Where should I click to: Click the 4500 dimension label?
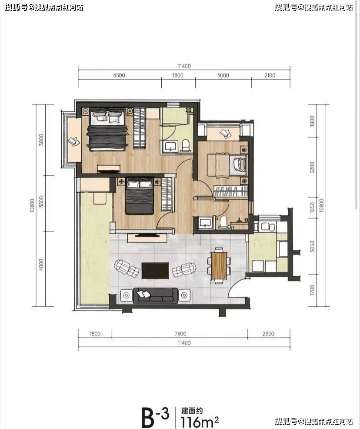tap(119, 75)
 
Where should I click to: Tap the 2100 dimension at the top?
tap(270, 75)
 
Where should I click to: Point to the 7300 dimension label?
tap(180, 334)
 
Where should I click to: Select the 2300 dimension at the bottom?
tap(268, 334)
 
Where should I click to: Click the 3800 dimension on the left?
tap(41, 140)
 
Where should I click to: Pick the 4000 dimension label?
tap(41, 265)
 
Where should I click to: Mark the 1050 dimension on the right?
tap(312, 208)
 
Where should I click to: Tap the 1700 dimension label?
tap(312, 290)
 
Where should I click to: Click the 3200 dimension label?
tap(312, 167)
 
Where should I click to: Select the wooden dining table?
tap(219, 265)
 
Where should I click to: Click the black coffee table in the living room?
tap(155, 271)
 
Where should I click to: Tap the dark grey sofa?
tap(155, 295)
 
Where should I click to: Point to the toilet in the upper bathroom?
tap(186, 145)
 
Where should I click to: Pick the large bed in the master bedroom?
tap(107, 129)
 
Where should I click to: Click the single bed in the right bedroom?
tap(227, 165)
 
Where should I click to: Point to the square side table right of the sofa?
tap(184, 295)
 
